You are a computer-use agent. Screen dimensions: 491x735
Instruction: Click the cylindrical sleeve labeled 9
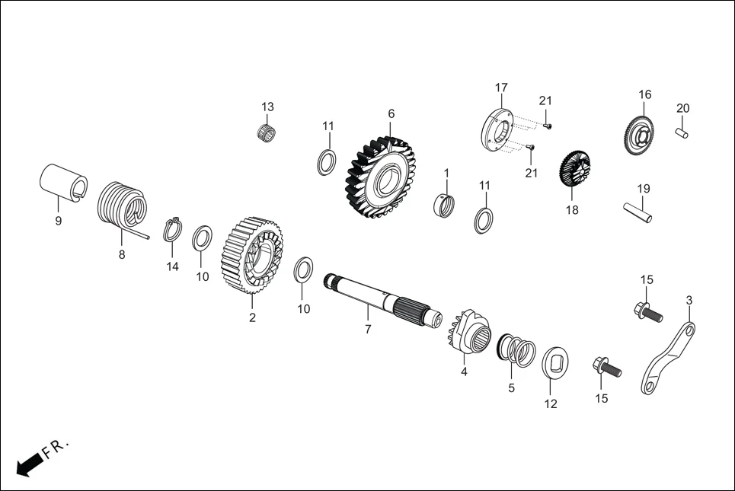coord(62,183)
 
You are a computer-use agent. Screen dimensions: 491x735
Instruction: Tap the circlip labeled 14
coord(173,229)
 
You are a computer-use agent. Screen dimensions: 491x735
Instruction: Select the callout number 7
coord(368,330)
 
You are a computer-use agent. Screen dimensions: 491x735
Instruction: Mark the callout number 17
coord(501,88)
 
